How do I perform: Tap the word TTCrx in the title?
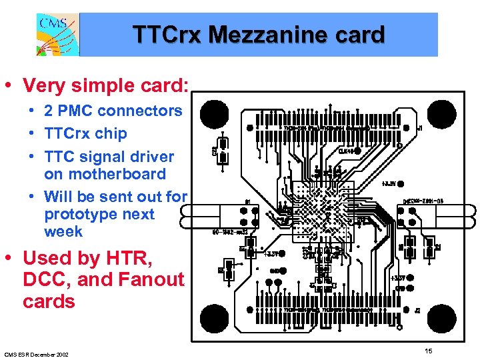pyautogui.click(x=167, y=34)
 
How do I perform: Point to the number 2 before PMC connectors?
pyautogui.click(x=49, y=111)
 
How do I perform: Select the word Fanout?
pyautogui.click(x=149, y=279)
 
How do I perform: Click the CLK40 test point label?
pyautogui.click(x=346, y=151)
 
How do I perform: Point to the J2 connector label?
pyautogui.click(x=417, y=310)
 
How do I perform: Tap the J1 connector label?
pyautogui.click(x=418, y=127)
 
